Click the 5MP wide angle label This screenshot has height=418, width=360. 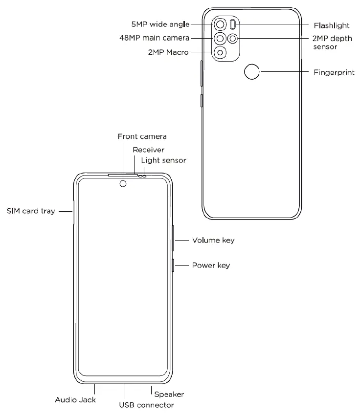[x=160, y=24]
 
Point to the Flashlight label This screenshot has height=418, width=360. [x=332, y=24]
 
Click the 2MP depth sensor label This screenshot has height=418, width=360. [x=331, y=43]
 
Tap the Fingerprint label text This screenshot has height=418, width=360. [x=333, y=72]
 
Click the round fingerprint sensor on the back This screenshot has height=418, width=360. [x=252, y=72]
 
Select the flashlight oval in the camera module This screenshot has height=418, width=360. [x=233, y=24]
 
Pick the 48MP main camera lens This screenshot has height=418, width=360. [x=221, y=38]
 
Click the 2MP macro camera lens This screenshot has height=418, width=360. [x=221, y=52]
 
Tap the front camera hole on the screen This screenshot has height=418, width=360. [x=123, y=184]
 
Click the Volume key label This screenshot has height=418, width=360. [x=213, y=241]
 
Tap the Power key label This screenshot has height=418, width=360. [x=211, y=266]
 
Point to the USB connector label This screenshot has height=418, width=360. [x=147, y=405]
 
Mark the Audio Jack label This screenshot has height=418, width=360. [x=75, y=399]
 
